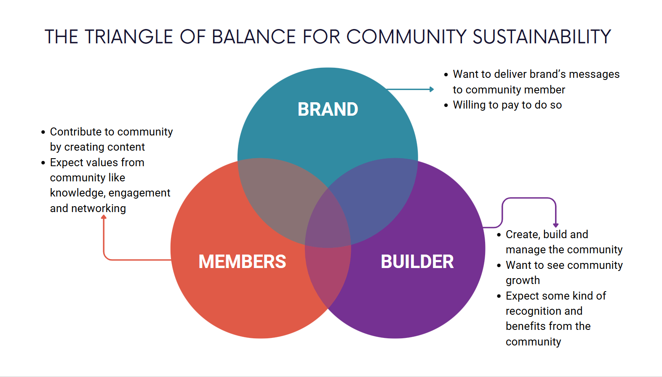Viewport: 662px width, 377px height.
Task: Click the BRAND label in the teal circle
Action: pos(328,109)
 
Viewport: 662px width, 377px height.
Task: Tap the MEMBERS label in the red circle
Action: pos(242,262)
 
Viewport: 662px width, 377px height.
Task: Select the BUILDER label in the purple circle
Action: pos(417,262)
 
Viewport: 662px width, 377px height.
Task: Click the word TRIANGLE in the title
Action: pos(129,37)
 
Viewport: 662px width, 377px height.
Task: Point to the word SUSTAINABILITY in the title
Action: pos(542,37)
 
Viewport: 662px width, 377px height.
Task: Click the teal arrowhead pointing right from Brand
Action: pos(432,89)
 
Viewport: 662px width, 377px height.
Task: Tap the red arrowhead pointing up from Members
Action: pos(104,217)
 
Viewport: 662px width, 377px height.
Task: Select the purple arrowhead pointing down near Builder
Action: pos(556,225)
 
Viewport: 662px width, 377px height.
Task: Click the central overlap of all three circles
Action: pos(328,219)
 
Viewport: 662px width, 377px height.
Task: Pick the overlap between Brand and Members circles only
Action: pos(278,194)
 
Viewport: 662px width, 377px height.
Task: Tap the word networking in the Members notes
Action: pos(99,208)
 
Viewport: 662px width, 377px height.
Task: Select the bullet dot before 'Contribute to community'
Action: pos(43,132)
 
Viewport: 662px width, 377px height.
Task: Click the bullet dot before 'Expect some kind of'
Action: pos(499,296)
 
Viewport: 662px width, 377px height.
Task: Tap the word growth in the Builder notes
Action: pos(523,281)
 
